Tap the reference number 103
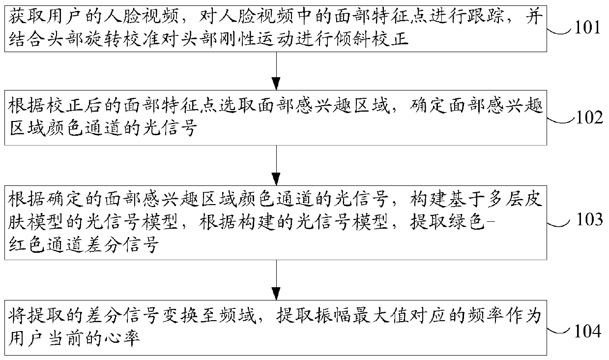587,219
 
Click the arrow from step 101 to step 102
276,69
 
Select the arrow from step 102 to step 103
276,164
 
